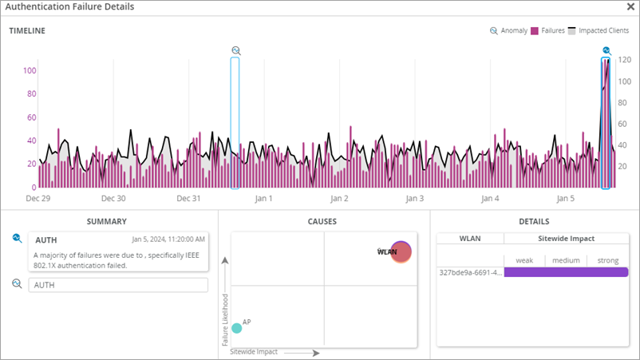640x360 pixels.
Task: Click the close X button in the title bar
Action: (x=630, y=6)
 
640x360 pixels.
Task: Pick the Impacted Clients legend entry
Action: (x=600, y=31)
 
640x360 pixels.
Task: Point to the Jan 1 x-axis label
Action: (x=263, y=198)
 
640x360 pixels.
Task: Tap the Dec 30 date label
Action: (x=113, y=198)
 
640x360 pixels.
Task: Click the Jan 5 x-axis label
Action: (x=565, y=198)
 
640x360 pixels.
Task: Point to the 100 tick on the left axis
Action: (x=30, y=70)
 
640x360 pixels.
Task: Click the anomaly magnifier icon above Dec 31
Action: (x=235, y=50)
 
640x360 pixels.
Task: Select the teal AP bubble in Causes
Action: (x=236, y=327)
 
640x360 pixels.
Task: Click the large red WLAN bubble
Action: (x=401, y=252)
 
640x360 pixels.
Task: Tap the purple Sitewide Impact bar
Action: (x=566, y=272)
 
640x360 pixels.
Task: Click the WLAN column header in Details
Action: (x=470, y=238)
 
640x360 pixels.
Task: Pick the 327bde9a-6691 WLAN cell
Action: (x=470, y=272)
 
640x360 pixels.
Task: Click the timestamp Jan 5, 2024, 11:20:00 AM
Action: (x=168, y=239)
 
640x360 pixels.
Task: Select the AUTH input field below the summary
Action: (x=118, y=285)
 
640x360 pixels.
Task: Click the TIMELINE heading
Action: (x=27, y=31)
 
